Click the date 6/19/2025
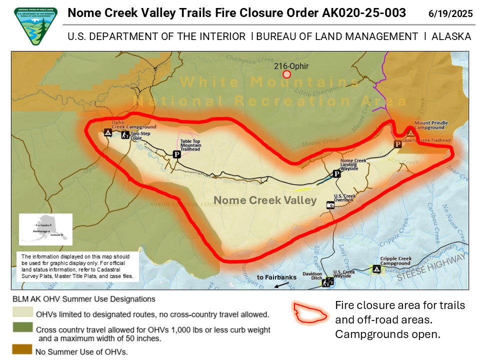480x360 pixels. (x=450, y=13)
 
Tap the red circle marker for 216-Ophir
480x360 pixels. (x=286, y=74)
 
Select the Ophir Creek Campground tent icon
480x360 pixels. (x=107, y=132)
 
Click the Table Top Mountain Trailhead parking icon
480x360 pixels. (x=176, y=154)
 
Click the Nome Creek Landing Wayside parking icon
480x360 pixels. (x=337, y=173)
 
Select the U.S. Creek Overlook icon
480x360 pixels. (x=330, y=205)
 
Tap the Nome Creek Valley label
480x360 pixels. (x=265, y=200)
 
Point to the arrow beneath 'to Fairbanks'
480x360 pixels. (x=281, y=285)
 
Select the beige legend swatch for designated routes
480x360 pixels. (x=22, y=314)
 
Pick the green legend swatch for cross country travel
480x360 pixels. (x=22, y=329)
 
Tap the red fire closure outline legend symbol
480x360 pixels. (x=310, y=312)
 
